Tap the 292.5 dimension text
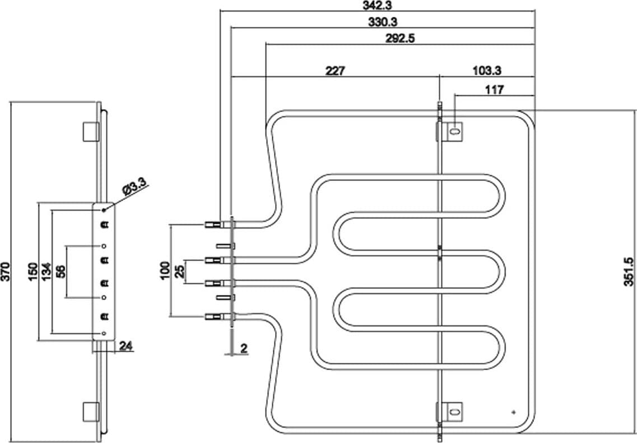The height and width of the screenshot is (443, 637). [x=401, y=39]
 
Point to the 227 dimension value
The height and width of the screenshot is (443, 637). [x=335, y=71]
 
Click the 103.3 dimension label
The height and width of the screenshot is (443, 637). [x=487, y=71]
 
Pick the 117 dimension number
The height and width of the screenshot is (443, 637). [x=494, y=90]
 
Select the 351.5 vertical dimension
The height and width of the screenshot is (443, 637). [x=629, y=271]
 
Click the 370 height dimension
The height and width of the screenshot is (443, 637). [x=5, y=272]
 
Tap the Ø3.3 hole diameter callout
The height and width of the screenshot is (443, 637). [x=134, y=187]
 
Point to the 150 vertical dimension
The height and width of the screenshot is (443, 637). [x=33, y=271]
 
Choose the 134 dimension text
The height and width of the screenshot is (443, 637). [x=47, y=271]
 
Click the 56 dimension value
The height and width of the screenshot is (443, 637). [x=61, y=271]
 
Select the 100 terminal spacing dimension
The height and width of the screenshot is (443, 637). [x=165, y=271]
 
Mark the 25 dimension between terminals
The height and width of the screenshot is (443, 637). [x=179, y=271]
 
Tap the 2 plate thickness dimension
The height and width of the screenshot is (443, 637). [x=244, y=348]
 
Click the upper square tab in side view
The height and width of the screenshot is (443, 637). [x=91, y=132]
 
